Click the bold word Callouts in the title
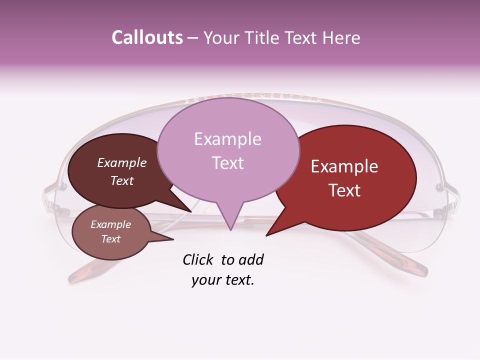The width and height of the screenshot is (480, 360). [x=147, y=37]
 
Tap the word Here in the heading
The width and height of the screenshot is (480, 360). [x=340, y=38]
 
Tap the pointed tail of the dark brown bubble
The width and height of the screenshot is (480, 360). [x=182, y=205]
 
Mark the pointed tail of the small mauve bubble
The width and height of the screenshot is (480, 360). [x=165, y=239]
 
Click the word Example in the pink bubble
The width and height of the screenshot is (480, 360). [x=227, y=139]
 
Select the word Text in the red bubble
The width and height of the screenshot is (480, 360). [x=345, y=190]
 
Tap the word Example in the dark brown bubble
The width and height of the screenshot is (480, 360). [x=122, y=162]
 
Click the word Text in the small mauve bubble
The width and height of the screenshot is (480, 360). [x=111, y=239]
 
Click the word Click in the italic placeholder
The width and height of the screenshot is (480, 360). [x=199, y=259]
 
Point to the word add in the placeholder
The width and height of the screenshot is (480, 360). [x=251, y=259]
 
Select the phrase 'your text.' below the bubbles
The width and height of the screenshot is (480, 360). [x=223, y=280]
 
